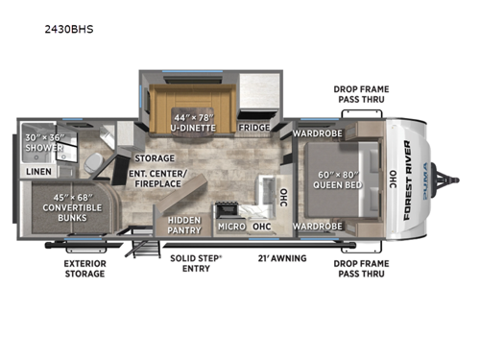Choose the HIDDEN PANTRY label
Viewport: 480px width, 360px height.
coord(182,225)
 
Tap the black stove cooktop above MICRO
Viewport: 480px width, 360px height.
coord(228,207)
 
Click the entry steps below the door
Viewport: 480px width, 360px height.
coord(147,249)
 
